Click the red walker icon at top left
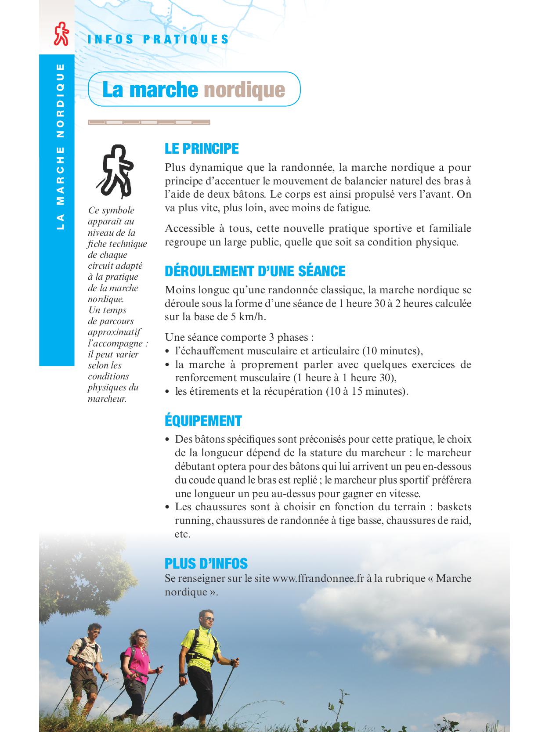click(x=61, y=34)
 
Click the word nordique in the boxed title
click(x=244, y=90)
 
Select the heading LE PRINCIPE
click(x=202, y=149)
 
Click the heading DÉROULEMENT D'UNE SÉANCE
click(x=255, y=271)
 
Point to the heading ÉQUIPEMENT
click(x=203, y=421)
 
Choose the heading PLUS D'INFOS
click(x=206, y=563)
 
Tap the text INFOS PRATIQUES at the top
click(x=159, y=39)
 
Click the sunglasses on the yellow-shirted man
click(x=208, y=619)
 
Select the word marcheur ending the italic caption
click(x=107, y=399)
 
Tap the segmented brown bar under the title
click(x=149, y=123)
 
